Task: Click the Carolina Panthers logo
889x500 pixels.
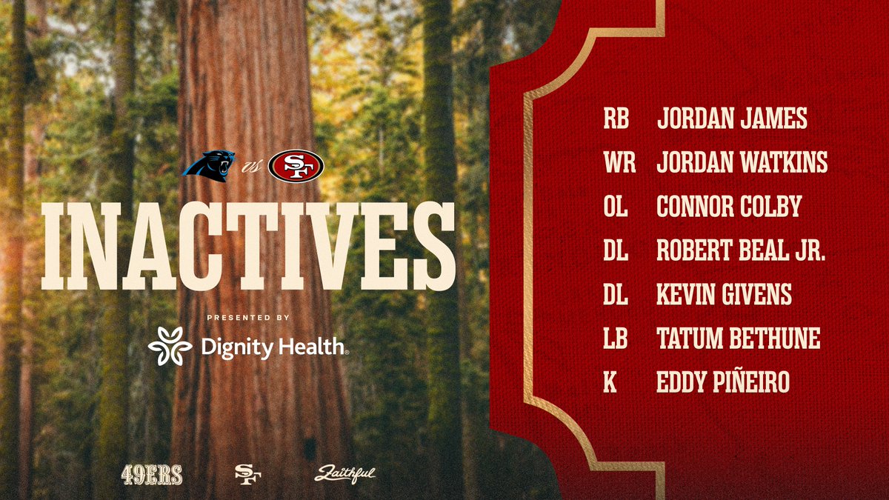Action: coord(209,164)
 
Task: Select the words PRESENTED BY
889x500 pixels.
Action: coord(247,317)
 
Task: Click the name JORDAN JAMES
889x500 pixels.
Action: coord(732,119)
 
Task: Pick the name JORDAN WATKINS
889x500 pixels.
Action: coord(742,163)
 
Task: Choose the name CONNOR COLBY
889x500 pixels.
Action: coord(729,207)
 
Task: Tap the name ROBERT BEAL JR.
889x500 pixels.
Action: coord(741,251)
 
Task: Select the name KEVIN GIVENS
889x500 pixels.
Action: coord(724,295)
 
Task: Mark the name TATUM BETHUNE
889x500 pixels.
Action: coord(738,339)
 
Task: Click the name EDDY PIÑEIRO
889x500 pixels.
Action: coord(723,383)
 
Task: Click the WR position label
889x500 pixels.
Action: coord(619,163)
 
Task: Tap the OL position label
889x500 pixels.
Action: coord(616,207)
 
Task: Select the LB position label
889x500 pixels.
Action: coord(616,339)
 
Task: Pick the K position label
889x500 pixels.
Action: coord(610,383)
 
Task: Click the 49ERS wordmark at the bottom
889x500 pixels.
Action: coord(152,475)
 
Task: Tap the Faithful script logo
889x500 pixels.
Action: coord(344,475)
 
